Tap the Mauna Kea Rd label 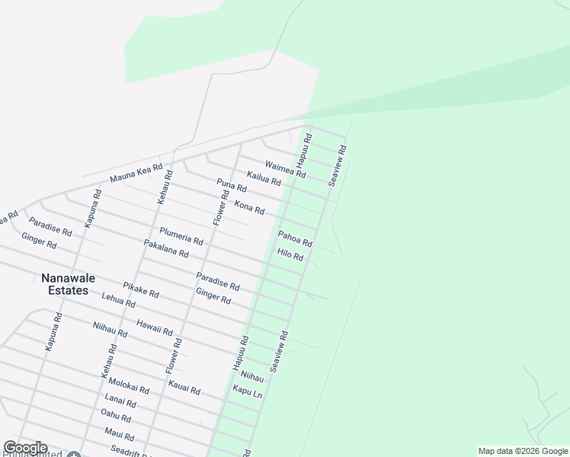[x=136, y=173]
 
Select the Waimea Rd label [x=285, y=169]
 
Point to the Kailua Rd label [x=264, y=179]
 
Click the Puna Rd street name [x=232, y=185]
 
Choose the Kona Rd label [x=249, y=206]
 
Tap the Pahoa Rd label [x=295, y=239]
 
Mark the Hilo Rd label [x=290, y=255]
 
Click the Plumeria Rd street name [x=181, y=236]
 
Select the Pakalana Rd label [x=166, y=248]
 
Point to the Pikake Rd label [x=140, y=289]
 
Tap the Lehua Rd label [x=118, y=301]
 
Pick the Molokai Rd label [x=129, y=385]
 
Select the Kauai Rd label [x=184, y=388]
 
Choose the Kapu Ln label [x=247, y=391]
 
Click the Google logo [x=25, y=448]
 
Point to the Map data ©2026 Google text [x=523, y=451]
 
